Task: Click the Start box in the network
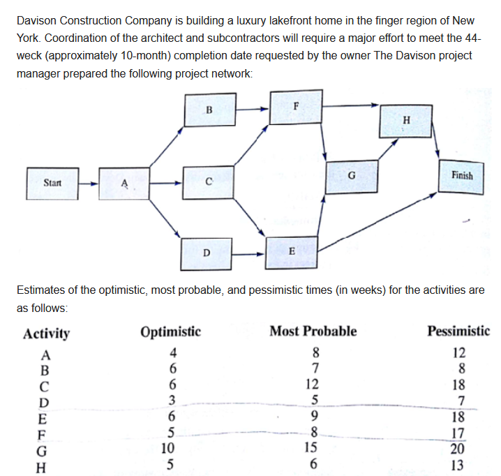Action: point(52,183)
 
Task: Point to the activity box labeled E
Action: point(291,250)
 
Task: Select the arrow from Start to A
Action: point(89,184)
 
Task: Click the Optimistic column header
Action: point(170,331)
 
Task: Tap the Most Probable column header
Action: point(313,331)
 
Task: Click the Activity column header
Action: point(46,333)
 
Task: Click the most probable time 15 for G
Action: point(313,449)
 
